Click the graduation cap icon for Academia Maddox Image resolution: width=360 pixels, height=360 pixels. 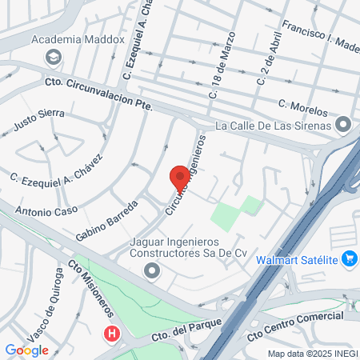pos(54,57)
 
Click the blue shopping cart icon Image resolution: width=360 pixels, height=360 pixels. pos(348,258)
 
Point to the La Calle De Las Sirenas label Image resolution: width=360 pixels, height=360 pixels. pos(274,125)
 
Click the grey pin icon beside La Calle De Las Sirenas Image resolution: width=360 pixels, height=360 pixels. pos(343,125)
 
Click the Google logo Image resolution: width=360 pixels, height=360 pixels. pos(26,350)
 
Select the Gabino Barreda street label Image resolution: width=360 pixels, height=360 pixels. pos(106,220)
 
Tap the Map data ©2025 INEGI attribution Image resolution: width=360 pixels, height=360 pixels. pos(312,354)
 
